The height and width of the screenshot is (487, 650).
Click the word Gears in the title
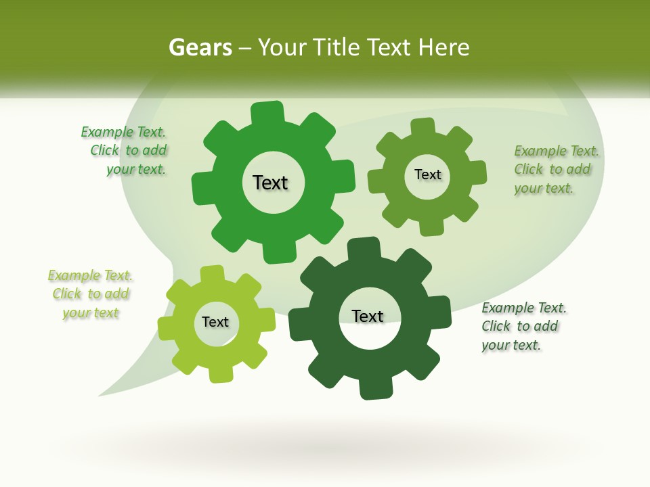[200, 47]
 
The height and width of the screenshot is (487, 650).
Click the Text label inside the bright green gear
[270, 183]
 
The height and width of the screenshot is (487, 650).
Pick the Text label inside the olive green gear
[427, 175]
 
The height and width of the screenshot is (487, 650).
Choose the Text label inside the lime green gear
[215, 323]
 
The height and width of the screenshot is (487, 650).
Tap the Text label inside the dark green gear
[368, 317]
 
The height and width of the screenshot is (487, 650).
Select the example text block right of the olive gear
[555, 170]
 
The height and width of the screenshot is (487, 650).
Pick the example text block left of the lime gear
[90, 294]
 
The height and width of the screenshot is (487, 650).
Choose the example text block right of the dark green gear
[523, 327]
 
